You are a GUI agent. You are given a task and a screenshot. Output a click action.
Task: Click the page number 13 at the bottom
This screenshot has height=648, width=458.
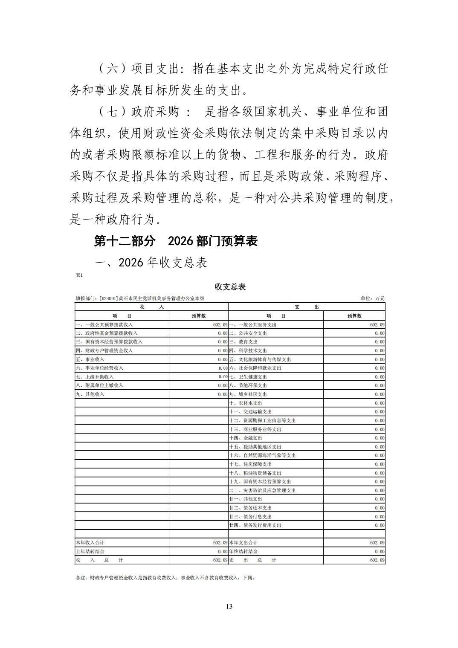[x=229, y=606]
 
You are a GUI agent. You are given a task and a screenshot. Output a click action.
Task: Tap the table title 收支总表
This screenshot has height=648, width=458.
[x=230, y=286]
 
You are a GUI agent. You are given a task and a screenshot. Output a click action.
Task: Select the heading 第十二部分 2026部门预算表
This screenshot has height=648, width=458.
[x=176, y=241]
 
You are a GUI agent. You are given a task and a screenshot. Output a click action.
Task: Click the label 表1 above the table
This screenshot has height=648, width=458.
[x=79, y=275]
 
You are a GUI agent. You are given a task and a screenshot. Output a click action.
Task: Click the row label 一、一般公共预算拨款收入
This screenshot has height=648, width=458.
[x=104, y=324]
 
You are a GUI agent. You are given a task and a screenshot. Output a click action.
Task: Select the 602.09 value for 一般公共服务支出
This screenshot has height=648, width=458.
[x=377, y=324]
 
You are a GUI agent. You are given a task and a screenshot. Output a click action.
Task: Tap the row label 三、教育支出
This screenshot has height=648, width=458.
[x=243, y=342]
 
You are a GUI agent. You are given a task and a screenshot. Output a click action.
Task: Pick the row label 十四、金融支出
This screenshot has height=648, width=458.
[x=246, y=438]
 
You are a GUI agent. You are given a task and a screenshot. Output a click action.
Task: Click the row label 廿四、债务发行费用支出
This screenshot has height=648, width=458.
[x=255, y=525]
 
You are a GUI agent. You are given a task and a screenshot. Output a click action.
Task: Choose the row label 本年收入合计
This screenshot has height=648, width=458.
[x=90, y=543]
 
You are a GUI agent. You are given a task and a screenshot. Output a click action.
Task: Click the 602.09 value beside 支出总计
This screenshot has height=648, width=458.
[x=377, y=560]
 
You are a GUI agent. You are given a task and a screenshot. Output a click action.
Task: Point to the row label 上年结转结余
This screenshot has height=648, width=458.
[x=90, y=551]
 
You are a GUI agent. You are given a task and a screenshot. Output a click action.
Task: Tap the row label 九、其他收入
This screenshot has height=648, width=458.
[x=90, y=394]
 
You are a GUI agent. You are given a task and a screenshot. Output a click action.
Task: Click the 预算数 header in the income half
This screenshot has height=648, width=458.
[x=199, y=316]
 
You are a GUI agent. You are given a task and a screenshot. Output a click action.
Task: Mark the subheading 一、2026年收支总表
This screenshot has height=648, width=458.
[x=151, y=263]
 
